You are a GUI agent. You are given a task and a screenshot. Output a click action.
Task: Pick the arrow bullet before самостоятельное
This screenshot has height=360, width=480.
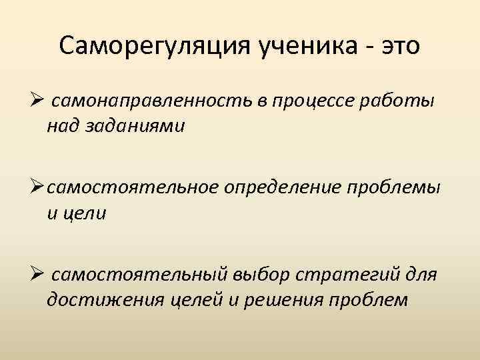coord(37,189)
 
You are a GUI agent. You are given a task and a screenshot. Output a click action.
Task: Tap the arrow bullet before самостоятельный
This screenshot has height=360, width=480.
coord(37,275)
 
